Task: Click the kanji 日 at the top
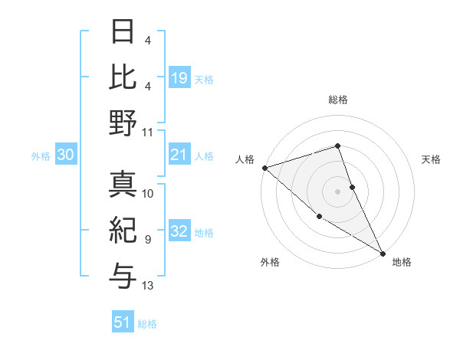pyautogui.click(x=123, y=31)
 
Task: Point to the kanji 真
pyautogui.click(x=123, y=184)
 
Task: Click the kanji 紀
pyautogui.click(x=123, y=229)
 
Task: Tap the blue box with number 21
pyautogui.click(x=179, y=155)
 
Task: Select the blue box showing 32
pyautogui.click(x=179, y=232)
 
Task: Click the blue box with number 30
pyautogui.click(x=65, y=155)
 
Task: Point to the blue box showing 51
pyautogui.click(x=123, y=322)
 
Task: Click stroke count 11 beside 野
pyautogui.click(x=148, y=132)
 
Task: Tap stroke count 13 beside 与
pyautogui.click(x=148, y=286)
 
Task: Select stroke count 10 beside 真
pyautogui.click(x=148, y=194)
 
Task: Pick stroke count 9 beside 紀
pyautogui.click(x=148, y=240)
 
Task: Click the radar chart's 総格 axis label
pyautogui.click(x=338, y=100)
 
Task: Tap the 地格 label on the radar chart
pyautogui.click(x=402, y=263)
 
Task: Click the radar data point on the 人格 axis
pyautogui.click(x=264, y=167)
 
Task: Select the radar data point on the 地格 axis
pyautogui.click(x=383, y=252)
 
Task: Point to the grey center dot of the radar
pyautogui.click(x=338, y=191)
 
